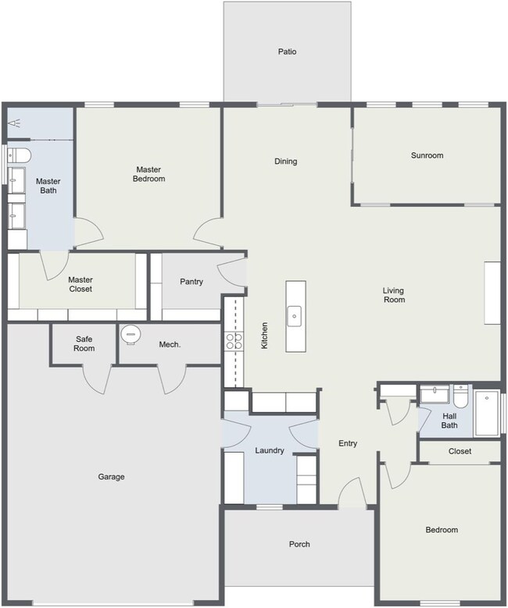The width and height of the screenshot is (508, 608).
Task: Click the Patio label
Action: [287, 52]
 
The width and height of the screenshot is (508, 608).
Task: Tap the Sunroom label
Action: [427, 155]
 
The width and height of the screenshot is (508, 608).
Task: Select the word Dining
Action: [286, 162]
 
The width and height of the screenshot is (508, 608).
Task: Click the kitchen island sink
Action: [294, 316]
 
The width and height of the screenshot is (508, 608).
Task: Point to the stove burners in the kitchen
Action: [234, 341]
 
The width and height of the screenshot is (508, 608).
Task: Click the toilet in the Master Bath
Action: [19, 156]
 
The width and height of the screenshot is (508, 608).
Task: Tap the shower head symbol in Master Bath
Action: [14, 123]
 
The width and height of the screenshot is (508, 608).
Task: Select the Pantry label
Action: [191, 282]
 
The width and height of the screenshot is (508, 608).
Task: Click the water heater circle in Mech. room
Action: [131, 334]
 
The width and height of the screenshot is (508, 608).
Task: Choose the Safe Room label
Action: [84, 343]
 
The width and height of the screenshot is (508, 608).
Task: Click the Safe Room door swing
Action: [98, 380]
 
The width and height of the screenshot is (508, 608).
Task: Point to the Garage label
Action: [111, 477]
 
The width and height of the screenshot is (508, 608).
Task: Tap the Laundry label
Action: [269, 450]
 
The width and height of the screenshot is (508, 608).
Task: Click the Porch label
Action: [299, 544]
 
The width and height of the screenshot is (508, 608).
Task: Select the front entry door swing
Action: [352, 492]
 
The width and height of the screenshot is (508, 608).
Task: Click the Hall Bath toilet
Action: [461, 396]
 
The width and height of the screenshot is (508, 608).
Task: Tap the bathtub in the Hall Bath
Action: [487, 414]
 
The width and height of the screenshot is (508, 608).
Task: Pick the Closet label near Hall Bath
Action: [460, 451]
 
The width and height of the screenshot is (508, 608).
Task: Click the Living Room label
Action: [394, 295]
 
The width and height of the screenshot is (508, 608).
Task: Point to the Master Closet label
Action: [80, 284]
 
